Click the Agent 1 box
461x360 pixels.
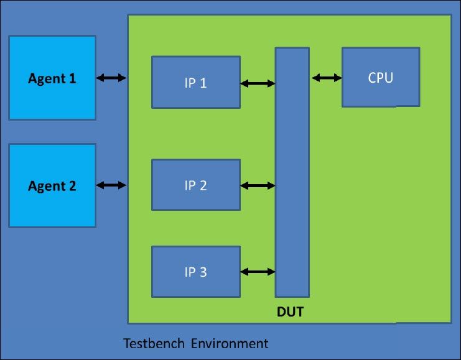pos(52,99)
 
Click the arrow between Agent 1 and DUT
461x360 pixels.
pos(111,78)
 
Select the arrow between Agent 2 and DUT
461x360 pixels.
pos(111,185)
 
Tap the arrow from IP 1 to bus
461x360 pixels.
pos(258,83)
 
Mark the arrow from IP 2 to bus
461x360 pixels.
pos(258,185)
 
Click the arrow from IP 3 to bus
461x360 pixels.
pos(258,272)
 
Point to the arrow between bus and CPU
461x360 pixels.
pos(327,78)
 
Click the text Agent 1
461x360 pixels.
pos(52,78)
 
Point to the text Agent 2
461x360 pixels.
pos(52,185)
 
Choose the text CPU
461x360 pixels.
pos(380,78)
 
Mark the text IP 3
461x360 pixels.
pos(195,272)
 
